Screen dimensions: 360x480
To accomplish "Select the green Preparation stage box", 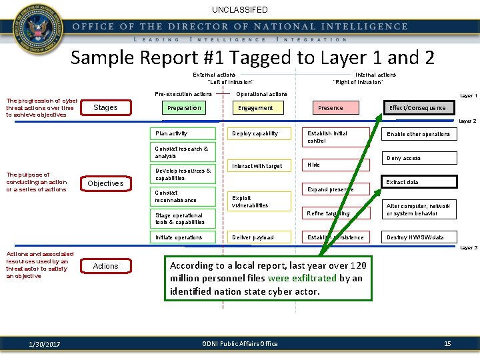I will pyautogui.click(x=185, y=108).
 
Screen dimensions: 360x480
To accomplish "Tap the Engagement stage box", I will pyautogui.click(x=256, y=108).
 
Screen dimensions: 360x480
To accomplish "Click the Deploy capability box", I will pyautogui.click(x=260, y=133).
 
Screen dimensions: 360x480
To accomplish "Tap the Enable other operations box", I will pyautogui.click(x=419, y=134).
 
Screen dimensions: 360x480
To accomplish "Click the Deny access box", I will pyautogui.click(x=419, y=158).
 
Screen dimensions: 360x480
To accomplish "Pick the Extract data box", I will pyautogui.click(x=419, y=181).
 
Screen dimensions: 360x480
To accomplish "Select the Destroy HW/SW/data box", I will pyautogui.click(x=419, y=237).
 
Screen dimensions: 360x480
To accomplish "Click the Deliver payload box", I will pyautogui.click(x=260, y=237).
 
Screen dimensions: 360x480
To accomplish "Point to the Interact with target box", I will pyautogui.click(x=260, y=166).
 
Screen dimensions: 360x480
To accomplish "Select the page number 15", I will pyautogui.click(x=447, y=343).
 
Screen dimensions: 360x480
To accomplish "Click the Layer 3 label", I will pyautogui.click(x=469, y=248).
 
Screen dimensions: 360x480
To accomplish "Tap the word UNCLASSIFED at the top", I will pyautogui.click(x=240, y=10).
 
